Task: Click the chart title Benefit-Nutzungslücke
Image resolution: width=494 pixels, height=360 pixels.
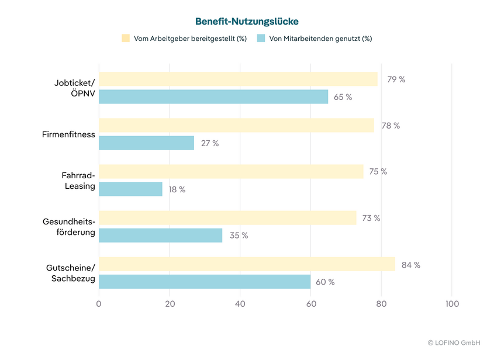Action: click(x=247, y=22)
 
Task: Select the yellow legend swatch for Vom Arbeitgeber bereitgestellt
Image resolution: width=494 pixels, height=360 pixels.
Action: click(x=126, y=39)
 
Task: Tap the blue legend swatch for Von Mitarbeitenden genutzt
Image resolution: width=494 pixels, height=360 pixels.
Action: click(x=261, y=39)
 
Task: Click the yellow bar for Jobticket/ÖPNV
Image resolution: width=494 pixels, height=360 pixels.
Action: click(x=238, y=79)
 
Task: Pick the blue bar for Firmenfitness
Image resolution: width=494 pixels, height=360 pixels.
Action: click(x=146, y=143)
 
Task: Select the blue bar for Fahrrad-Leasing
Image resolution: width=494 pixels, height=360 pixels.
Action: click(x=130, y=189)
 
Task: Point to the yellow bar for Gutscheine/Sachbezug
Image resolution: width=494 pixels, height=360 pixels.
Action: click(x=247, y=265)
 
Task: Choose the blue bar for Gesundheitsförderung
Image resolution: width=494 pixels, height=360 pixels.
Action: click(x=160, y=236)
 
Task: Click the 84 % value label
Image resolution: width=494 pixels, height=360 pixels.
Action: click(x=410, y=265)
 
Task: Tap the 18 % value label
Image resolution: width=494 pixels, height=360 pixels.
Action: click(x=177, y=189)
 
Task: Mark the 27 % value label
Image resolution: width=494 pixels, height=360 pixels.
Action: click(x=210, y=143)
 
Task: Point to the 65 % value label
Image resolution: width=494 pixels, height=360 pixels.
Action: click(x=343, y=97)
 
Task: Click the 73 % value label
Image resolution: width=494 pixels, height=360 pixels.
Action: click(x=371, y=218)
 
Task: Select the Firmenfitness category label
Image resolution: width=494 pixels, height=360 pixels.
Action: click(x=68, y=134)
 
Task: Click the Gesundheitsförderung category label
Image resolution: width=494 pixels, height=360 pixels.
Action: click(x=68, y=227)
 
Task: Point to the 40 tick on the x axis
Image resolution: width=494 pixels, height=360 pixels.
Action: click(x=240, y=304)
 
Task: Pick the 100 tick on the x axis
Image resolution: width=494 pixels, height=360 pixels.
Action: click(x=452, y=304)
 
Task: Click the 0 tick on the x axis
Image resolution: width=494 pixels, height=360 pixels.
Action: click(x=99, y=304)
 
